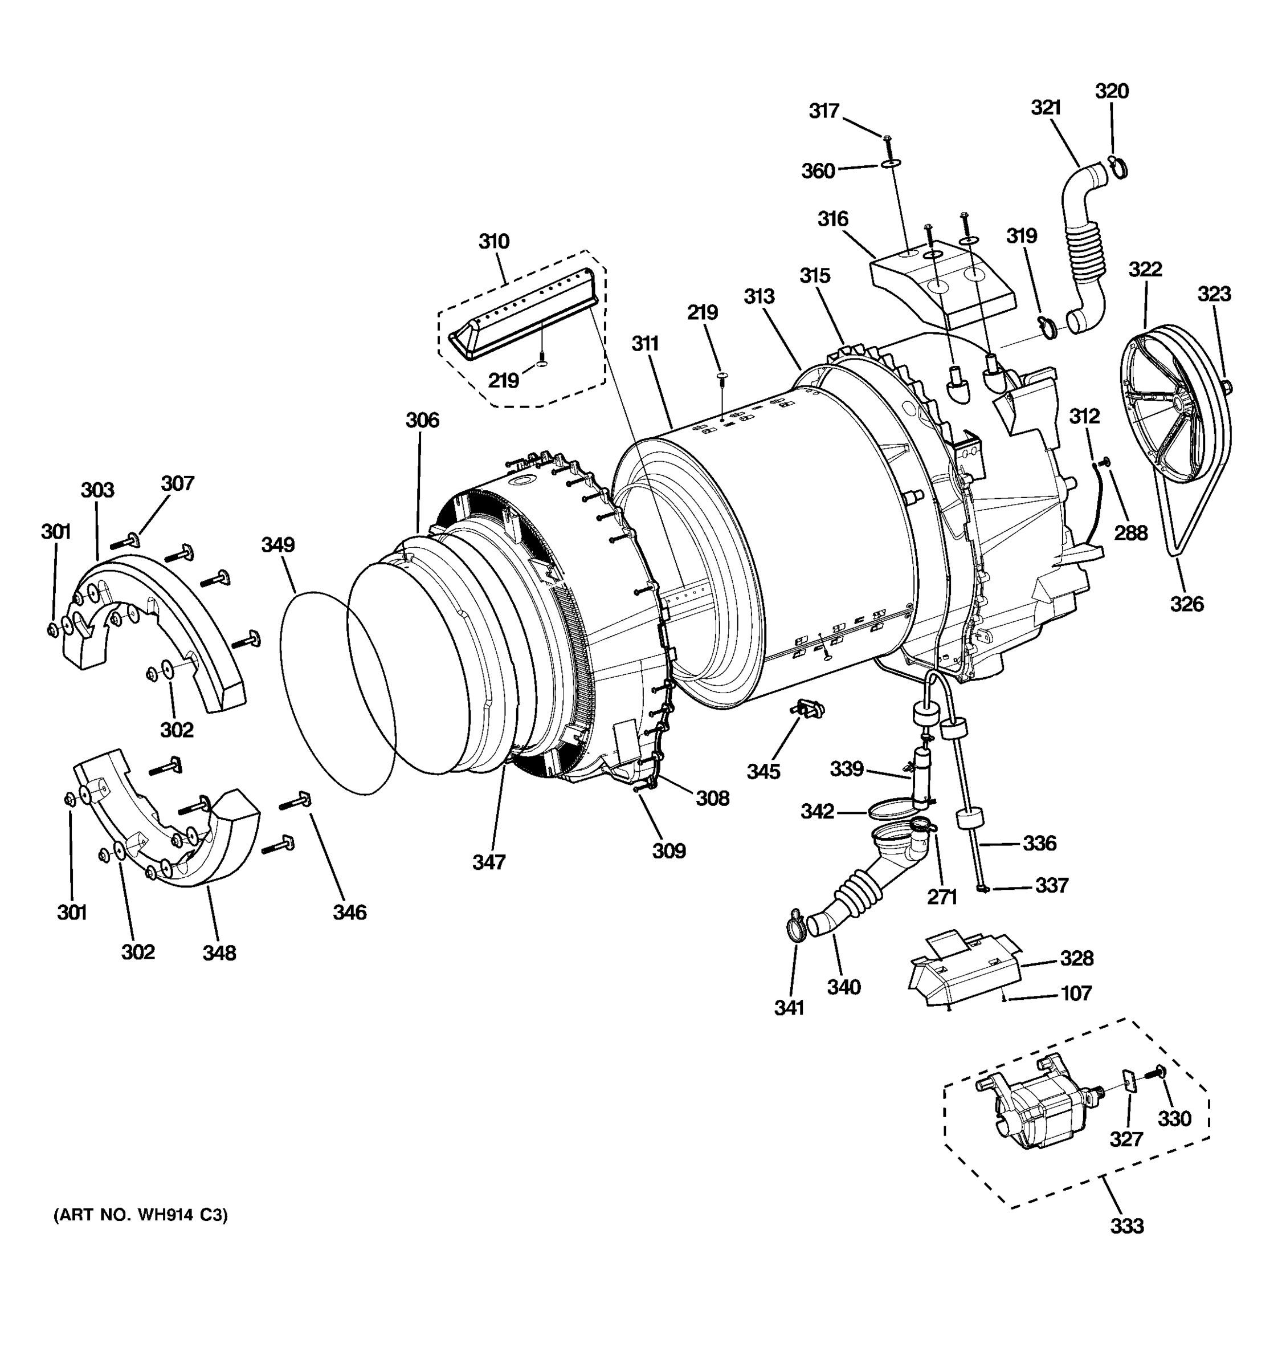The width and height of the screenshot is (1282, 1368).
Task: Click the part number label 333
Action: pos(1127,1225)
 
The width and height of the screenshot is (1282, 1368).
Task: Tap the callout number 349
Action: pos(278,544)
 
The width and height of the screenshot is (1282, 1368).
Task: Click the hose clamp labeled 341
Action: pos(794,923)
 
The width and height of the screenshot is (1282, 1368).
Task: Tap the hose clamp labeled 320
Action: pos(1116,166)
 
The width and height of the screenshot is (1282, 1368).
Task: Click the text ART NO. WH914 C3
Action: pos(140,1216)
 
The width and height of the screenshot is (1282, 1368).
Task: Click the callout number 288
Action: pos(1130,532)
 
